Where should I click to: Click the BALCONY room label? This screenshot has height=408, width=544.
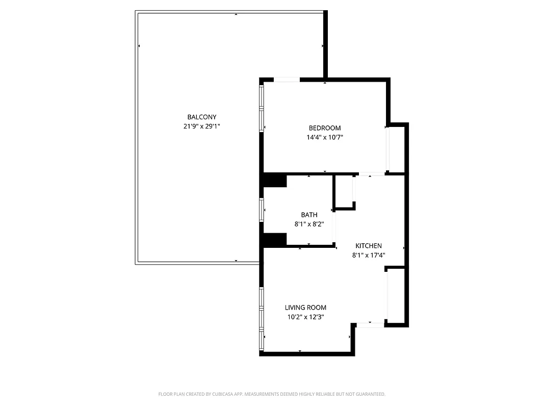(x=201, y=117)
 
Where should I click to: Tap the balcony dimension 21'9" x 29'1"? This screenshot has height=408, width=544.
(x=201, y=126)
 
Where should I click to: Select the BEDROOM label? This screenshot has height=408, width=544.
(x=325, y=127)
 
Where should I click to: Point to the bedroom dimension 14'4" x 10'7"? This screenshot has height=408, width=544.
(x=325, y=137)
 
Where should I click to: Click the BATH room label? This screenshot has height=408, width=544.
(x=309, y=215)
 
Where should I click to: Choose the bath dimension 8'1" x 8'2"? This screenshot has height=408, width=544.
(x=309, y=224)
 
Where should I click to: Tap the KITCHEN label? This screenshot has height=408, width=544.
(x=368, y=246)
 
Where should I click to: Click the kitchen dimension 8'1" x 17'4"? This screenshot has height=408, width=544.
(x=368, y=255)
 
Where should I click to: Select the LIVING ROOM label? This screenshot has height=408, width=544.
(x=305, y=308)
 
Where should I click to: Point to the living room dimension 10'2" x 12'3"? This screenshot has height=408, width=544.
(x=305, y=317)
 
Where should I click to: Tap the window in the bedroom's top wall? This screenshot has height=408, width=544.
(x=287, y=79)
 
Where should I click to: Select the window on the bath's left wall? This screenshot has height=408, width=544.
(x=262, y=210)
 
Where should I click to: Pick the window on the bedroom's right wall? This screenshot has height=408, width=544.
(x=388, y=148)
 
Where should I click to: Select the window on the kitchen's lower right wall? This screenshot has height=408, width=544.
(x=387, y=295)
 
